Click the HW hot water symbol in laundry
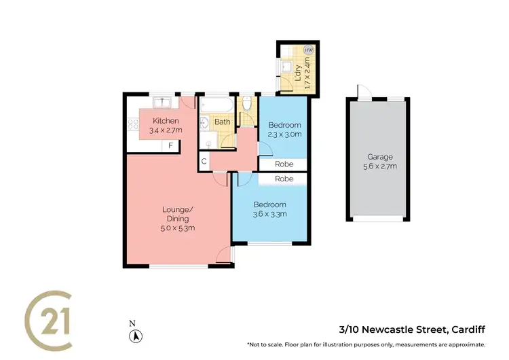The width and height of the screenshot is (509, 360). point(309,50)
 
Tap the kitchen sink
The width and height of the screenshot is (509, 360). point(162,103)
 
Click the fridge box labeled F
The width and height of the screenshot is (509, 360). point(171,145)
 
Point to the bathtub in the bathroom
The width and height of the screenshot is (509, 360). point(217,105)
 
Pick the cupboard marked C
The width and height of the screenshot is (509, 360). point(204,162)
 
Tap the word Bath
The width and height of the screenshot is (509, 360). point(222,122)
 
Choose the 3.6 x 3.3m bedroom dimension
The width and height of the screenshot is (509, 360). point(269,214)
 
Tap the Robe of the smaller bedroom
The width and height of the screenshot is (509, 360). point(284,164)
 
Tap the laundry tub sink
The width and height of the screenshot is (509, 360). point(286,67)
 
